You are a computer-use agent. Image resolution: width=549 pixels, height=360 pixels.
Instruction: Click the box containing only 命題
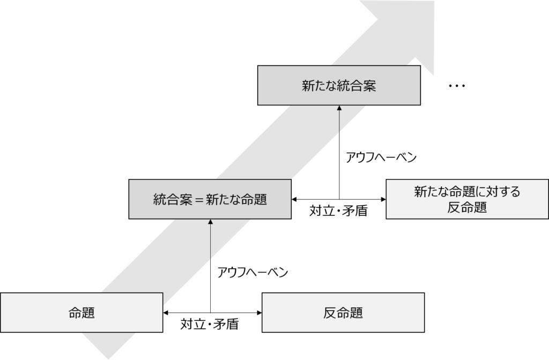pos(81,312)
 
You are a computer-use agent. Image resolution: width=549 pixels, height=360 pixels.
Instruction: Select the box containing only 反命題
pos(343,312)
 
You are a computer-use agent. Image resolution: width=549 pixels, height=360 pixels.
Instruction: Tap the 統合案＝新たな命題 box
pos(210,199)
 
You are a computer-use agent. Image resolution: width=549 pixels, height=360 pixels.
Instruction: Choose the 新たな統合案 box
pos(339,86)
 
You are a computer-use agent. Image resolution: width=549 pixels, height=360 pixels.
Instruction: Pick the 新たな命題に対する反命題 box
pos(467,199)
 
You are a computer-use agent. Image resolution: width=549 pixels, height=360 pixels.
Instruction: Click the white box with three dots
pos(457,86)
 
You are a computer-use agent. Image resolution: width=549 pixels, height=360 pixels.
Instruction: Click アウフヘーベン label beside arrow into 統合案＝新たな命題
pos(253,272)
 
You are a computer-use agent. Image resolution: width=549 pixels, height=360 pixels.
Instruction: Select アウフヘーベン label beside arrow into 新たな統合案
pos(381,157)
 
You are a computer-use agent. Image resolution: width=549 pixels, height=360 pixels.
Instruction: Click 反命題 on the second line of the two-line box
pos(467,208)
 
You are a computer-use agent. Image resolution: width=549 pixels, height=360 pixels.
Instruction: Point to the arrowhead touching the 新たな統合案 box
pos(339,108)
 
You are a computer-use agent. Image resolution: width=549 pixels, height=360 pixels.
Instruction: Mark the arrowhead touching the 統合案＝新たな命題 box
pos(210,222)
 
